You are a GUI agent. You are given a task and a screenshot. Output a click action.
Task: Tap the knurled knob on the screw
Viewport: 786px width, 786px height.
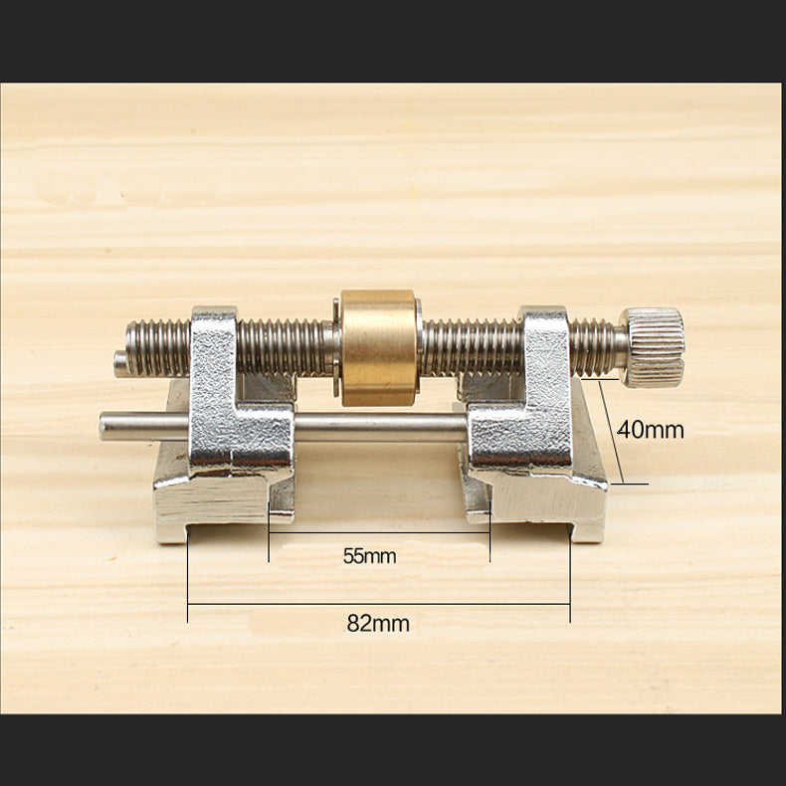653,345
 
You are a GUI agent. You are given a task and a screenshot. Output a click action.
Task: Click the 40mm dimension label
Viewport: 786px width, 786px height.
651,430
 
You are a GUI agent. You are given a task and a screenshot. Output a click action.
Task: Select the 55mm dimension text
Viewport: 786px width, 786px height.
369,556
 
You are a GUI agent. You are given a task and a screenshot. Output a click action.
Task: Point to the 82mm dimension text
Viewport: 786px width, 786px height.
378,624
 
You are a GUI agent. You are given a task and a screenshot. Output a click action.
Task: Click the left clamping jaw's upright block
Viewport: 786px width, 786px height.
214,368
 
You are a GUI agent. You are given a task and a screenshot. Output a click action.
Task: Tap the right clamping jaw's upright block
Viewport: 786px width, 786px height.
543,368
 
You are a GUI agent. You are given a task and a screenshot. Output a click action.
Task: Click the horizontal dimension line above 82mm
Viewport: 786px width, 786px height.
378,603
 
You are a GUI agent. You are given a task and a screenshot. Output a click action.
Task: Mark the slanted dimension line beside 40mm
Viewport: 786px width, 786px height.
613,433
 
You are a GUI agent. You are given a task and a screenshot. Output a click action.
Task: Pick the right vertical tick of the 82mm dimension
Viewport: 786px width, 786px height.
570,577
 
